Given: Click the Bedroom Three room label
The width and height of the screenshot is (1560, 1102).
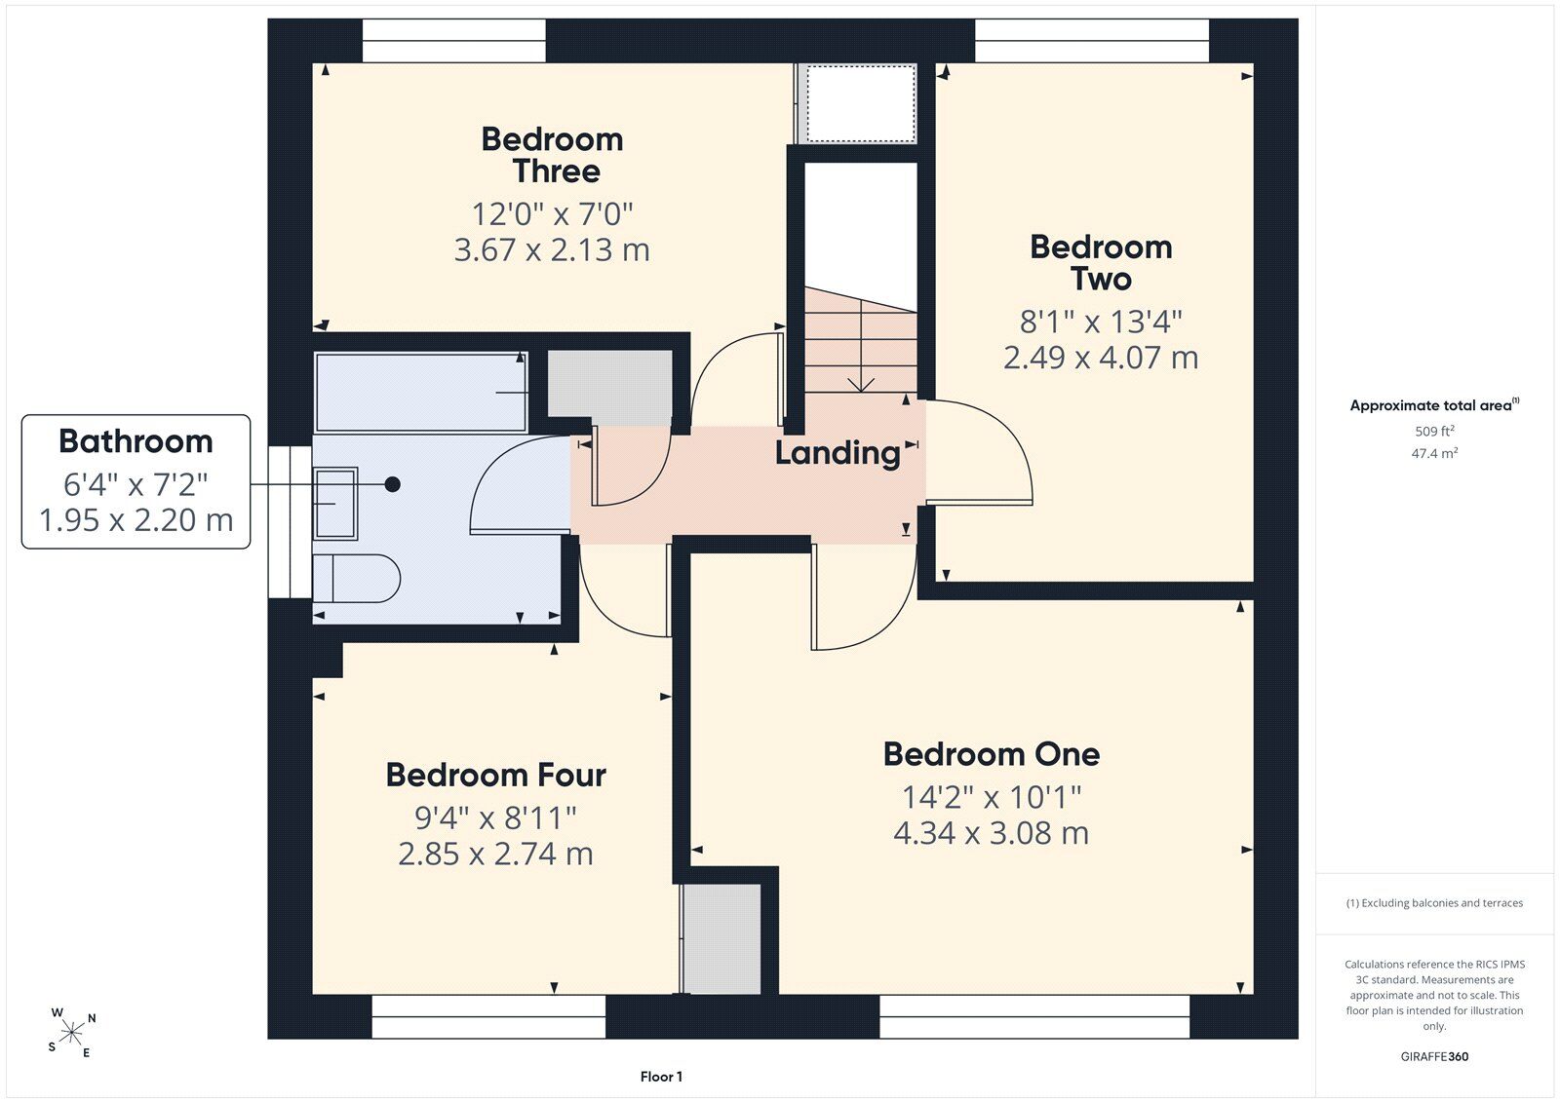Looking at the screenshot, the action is click(x=552, y=155).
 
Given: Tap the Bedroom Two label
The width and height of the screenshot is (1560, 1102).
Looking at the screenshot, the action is click(x=1101, y=263).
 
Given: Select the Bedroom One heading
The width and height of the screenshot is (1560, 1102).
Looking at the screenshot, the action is click(x=991, y=754).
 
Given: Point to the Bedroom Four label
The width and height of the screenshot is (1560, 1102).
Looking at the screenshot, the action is click(x=496, y=775).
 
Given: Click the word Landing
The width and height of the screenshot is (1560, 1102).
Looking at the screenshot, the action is click(x=838, y=454).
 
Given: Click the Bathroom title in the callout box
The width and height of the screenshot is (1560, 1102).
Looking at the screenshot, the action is click(x=136, y=441).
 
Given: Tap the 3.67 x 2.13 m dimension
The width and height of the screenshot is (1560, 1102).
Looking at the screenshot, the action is click(x=552, y=249).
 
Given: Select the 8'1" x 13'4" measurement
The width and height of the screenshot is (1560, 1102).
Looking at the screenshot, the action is click(x=1101, y=322).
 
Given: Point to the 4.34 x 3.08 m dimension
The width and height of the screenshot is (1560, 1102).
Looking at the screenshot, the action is click(x=991, y=833).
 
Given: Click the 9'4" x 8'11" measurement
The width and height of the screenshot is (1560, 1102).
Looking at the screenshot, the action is click(x=496, y=817).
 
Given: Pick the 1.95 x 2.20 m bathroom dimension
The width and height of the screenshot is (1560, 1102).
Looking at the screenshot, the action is click(x=136, y=520).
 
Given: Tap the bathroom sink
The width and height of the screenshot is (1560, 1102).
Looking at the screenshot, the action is click(x=335, y=504).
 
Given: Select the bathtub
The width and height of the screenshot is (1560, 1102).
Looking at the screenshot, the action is click(x=421, y=392).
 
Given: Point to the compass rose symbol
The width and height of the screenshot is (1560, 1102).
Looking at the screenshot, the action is click(x=71, y=1033).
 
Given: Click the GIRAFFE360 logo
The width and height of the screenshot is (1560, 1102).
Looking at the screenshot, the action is click(x=1434, y=1057).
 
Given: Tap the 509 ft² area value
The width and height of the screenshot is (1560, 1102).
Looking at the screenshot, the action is click(x=1434, y=431).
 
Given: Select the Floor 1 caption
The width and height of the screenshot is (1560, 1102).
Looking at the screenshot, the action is click(x=661, y=1077).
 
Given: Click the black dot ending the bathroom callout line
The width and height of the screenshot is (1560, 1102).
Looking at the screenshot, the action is click(x=393, y=484).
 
